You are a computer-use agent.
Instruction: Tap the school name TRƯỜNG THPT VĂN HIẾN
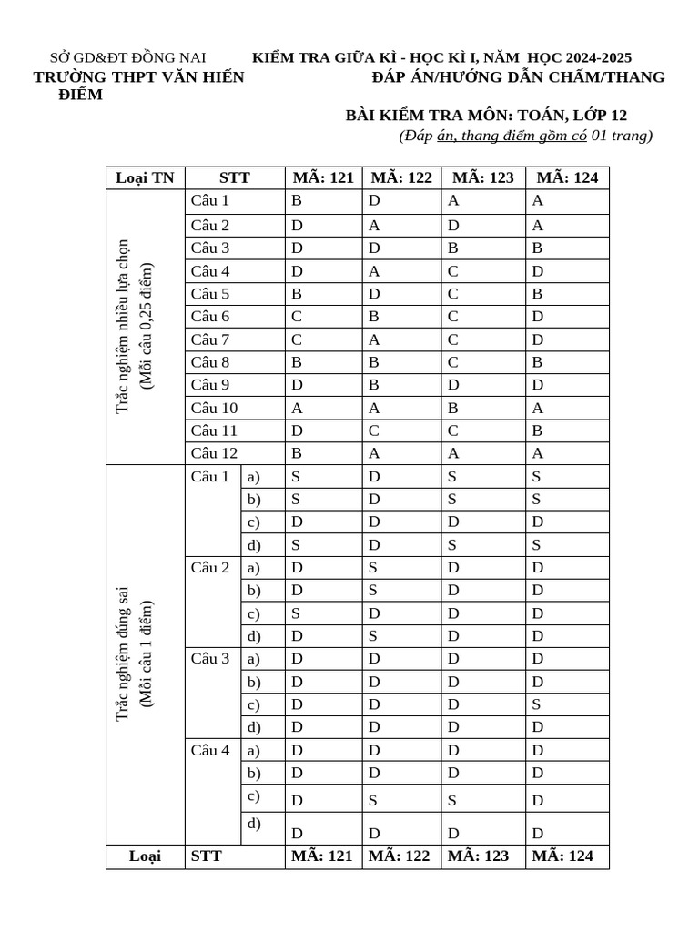point(138,77)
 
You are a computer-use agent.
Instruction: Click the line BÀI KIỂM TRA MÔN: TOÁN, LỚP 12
point(486,115)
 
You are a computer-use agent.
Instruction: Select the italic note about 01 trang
point(525,136)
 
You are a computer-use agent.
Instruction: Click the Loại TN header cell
point(145,177)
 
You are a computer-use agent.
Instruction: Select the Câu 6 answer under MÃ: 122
point(373,317)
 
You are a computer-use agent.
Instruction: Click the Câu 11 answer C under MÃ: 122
point(373,431)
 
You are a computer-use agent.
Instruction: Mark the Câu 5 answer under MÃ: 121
point(296,294)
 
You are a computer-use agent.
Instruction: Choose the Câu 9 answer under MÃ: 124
point(537,385)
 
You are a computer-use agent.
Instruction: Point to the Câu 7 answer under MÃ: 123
point(452,339)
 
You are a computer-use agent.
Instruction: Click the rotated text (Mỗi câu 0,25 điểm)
point(146,327)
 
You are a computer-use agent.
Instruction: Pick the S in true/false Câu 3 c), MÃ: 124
point(537,704)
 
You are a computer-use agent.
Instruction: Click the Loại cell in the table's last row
point(145,856)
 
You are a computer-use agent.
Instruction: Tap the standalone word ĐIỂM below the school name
point(80,96)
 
